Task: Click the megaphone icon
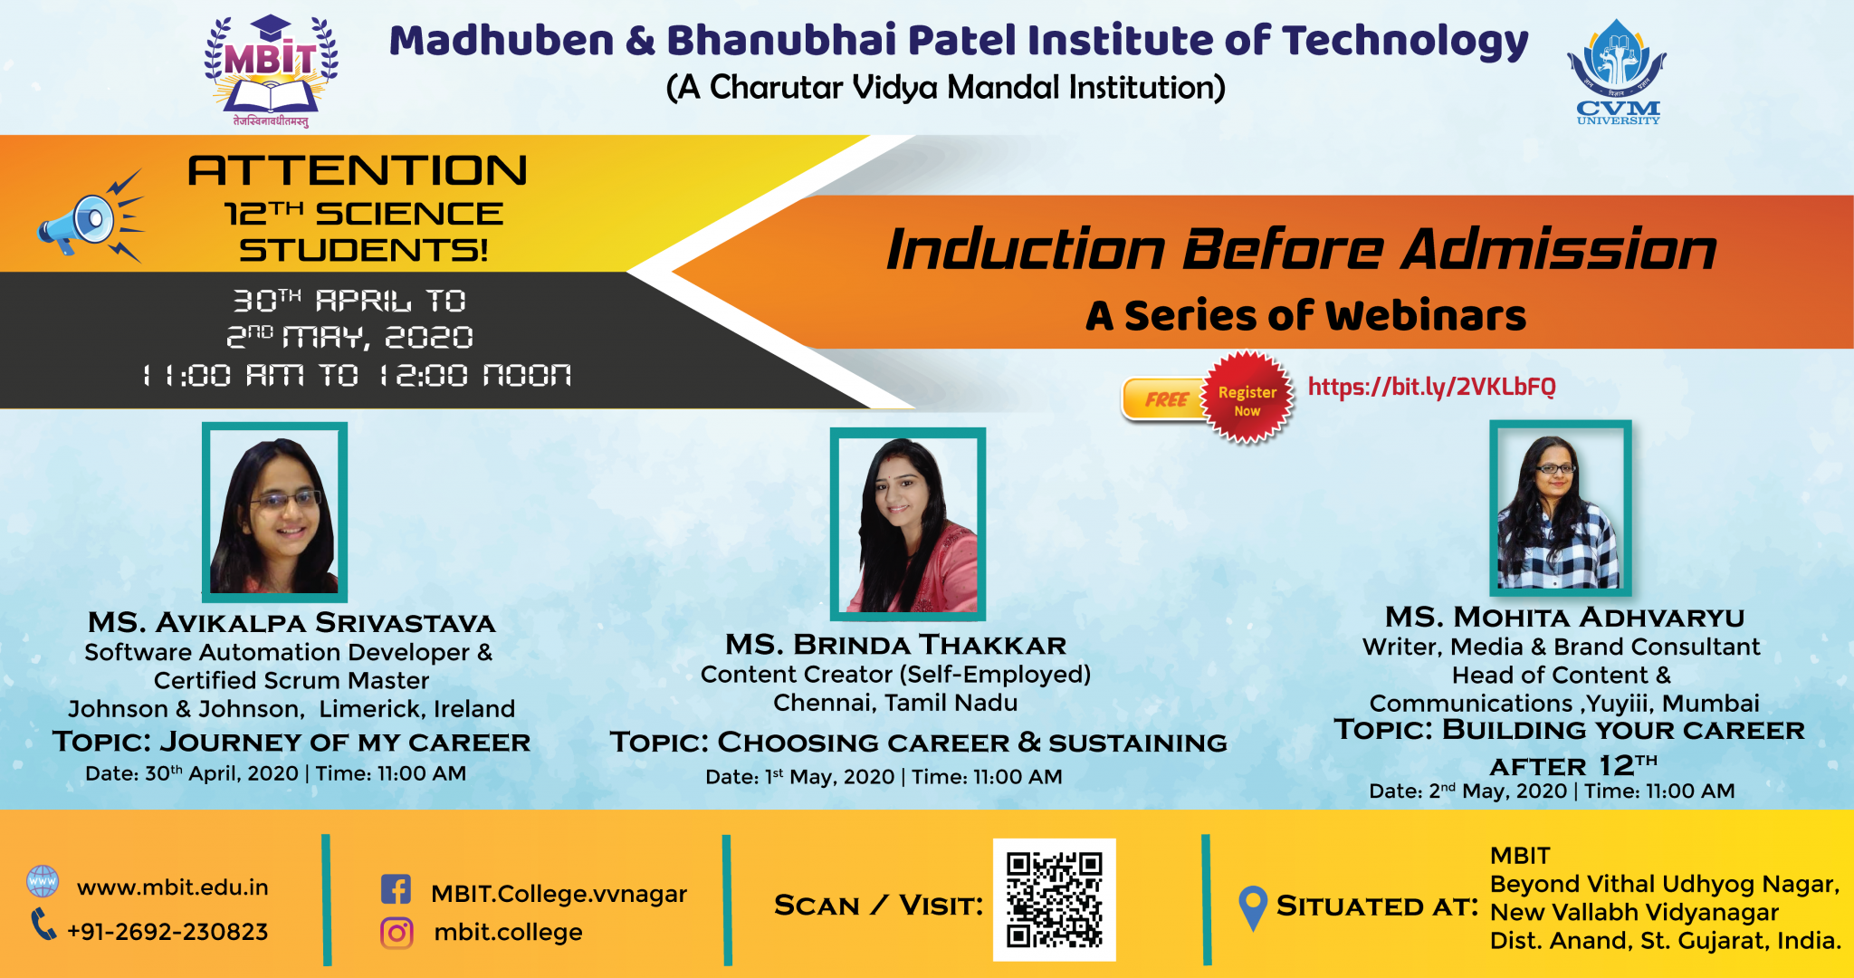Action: (89, 217)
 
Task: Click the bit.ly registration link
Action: (1432, 388)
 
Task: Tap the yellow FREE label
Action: (1166, 399)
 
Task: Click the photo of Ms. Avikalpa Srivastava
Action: (274, 513)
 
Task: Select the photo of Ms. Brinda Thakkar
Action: (908, 523)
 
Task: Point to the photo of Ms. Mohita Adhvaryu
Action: (1561, 508)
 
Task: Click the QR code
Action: (1055, 899)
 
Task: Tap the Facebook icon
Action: (396, 889)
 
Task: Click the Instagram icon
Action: (397, 933)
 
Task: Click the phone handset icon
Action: (43, 925)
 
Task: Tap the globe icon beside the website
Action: (43, 881)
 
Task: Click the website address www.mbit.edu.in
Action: (173, 887)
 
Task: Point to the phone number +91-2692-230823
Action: (168, 932)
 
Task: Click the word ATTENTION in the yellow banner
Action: (358, 171)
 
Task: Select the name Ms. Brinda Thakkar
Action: (896, 645)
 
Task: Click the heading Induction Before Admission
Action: (1302, 249)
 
